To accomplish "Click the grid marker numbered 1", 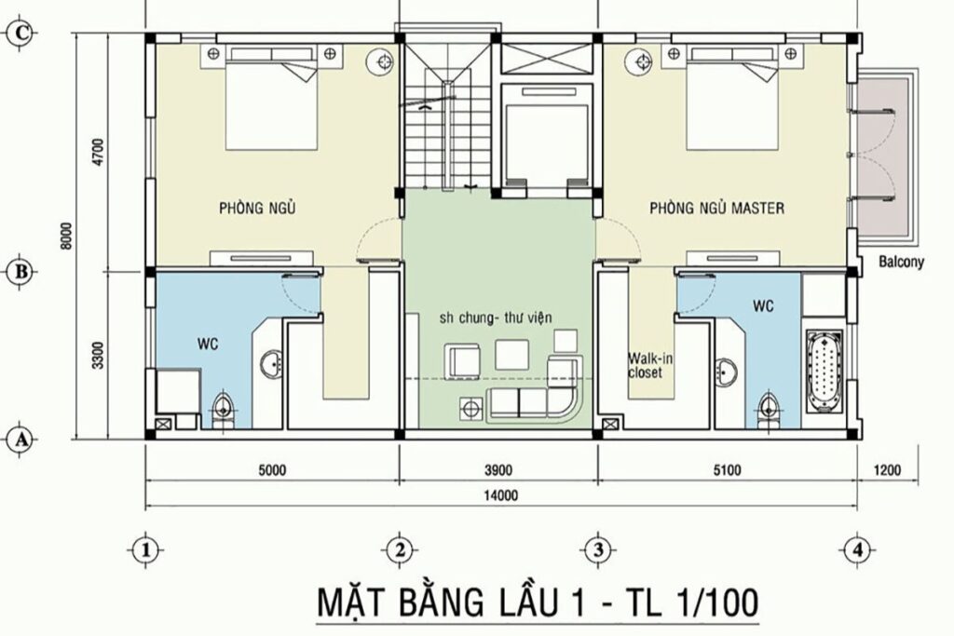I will click(143, 549).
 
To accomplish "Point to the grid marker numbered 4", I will click(854, 549).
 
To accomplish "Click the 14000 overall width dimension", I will click(500, 495).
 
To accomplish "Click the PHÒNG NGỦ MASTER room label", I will click(716, 209).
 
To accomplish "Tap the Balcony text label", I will click(901, 263).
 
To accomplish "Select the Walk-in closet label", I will click(645, 364).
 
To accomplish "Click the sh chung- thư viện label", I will click(497, 318).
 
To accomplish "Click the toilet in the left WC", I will click(223, 409).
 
